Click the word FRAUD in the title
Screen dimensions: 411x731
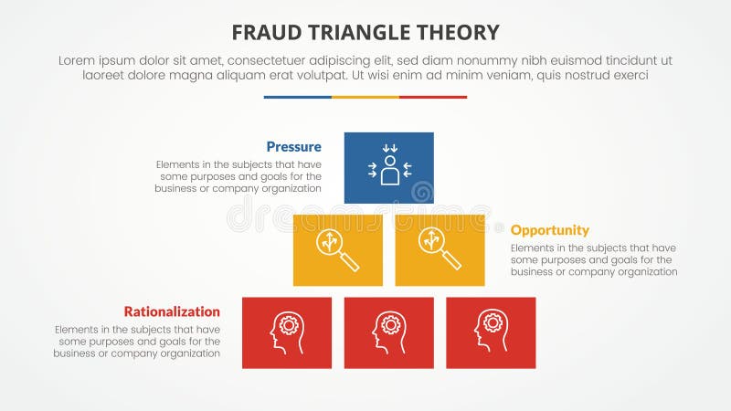(261, 33)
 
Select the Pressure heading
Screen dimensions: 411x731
(293, 146)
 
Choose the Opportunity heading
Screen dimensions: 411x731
(549, 230)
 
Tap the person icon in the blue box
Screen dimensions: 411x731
(389, 167)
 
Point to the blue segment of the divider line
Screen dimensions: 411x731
(297, 97)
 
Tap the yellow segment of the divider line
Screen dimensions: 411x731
(365, 97)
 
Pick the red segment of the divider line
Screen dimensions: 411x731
(432, 97)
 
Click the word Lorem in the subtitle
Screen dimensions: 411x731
(77, 59)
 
